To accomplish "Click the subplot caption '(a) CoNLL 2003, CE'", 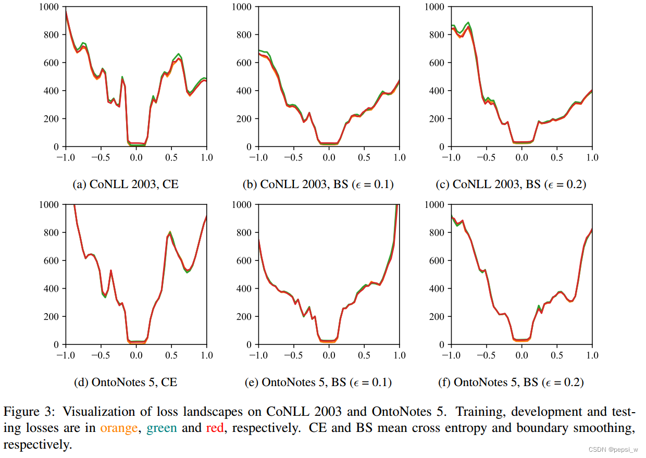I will (x=127, y=184).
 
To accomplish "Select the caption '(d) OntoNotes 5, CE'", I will (x=127, y=382).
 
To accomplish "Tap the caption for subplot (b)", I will (x=318, y=184).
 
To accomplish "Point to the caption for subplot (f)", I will (x=511, y=382).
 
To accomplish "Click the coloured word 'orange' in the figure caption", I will (x=120, y=428).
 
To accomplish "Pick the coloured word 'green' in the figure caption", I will (x=161, y=428).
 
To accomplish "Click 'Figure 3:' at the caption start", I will (x=29, y=411).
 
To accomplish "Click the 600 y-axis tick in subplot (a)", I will (x=51, y=63).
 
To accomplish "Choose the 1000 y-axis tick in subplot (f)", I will (x=434, y=205).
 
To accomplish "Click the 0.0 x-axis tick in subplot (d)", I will (x=136, y=355).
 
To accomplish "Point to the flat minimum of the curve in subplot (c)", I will (x=521, y=142).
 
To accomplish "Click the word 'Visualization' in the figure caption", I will (x=99, y=411).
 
